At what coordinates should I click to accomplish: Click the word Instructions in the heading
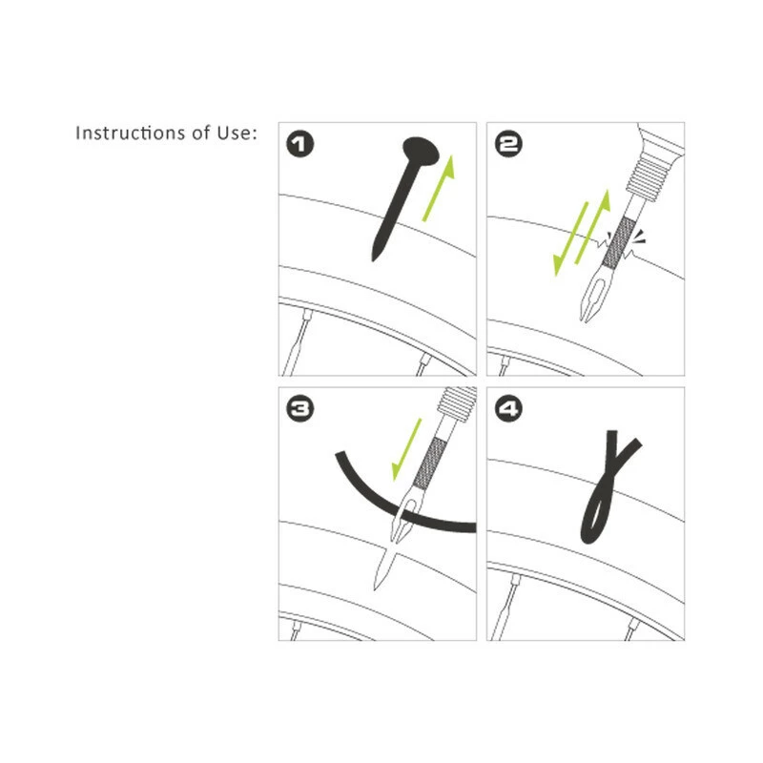(130, 133)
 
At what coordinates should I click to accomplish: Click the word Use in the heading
(234, 133)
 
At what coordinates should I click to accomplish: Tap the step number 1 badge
(299, 144)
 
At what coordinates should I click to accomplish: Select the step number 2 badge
(508, 144)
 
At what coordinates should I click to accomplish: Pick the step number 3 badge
(299, 408)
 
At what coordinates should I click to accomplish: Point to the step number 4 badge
(508, 408)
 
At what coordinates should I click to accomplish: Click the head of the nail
(421, 151)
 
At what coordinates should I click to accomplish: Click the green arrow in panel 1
(439, 188)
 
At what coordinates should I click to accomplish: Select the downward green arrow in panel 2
(570, 239)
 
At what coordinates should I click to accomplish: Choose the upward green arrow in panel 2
(592, 227)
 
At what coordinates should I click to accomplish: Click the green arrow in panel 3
(406, 449)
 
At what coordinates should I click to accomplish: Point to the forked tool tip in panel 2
(590, 297)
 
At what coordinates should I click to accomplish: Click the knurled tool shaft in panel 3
(428, 464)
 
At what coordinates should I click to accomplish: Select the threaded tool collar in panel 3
(457, 402)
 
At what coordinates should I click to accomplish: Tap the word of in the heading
(200, 133)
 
